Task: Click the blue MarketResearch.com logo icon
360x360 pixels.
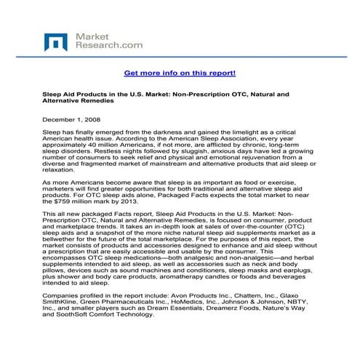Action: point(55,41)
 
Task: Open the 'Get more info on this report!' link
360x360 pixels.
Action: point(180,73)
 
